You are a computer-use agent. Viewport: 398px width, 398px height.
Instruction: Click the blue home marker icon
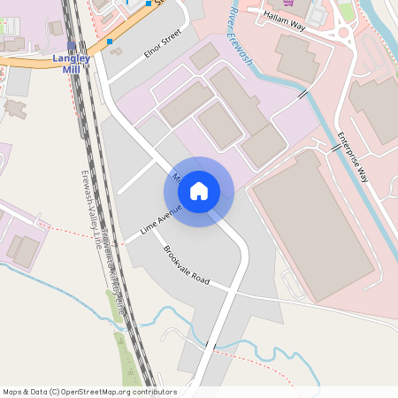[x=199, y=191]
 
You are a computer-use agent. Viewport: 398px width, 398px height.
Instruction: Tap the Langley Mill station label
[x=71, y=64]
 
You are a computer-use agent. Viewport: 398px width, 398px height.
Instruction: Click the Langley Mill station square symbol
[x=72, y=46]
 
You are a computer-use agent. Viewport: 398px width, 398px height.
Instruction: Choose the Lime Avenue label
[x=161, y=221]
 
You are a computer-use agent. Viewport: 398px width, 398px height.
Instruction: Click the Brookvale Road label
[x=186, y=264]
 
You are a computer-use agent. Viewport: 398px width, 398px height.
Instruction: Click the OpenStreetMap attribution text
[x=89, y=392]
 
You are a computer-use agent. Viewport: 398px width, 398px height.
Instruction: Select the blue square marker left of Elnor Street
[x=110, y=41]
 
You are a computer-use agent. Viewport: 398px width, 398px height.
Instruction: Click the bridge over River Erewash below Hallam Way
[x=303, y=93]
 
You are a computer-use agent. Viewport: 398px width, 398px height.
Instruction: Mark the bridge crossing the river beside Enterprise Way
[x=335, y=148]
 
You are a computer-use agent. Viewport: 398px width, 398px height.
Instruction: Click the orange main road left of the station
[x=27, y=61]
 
